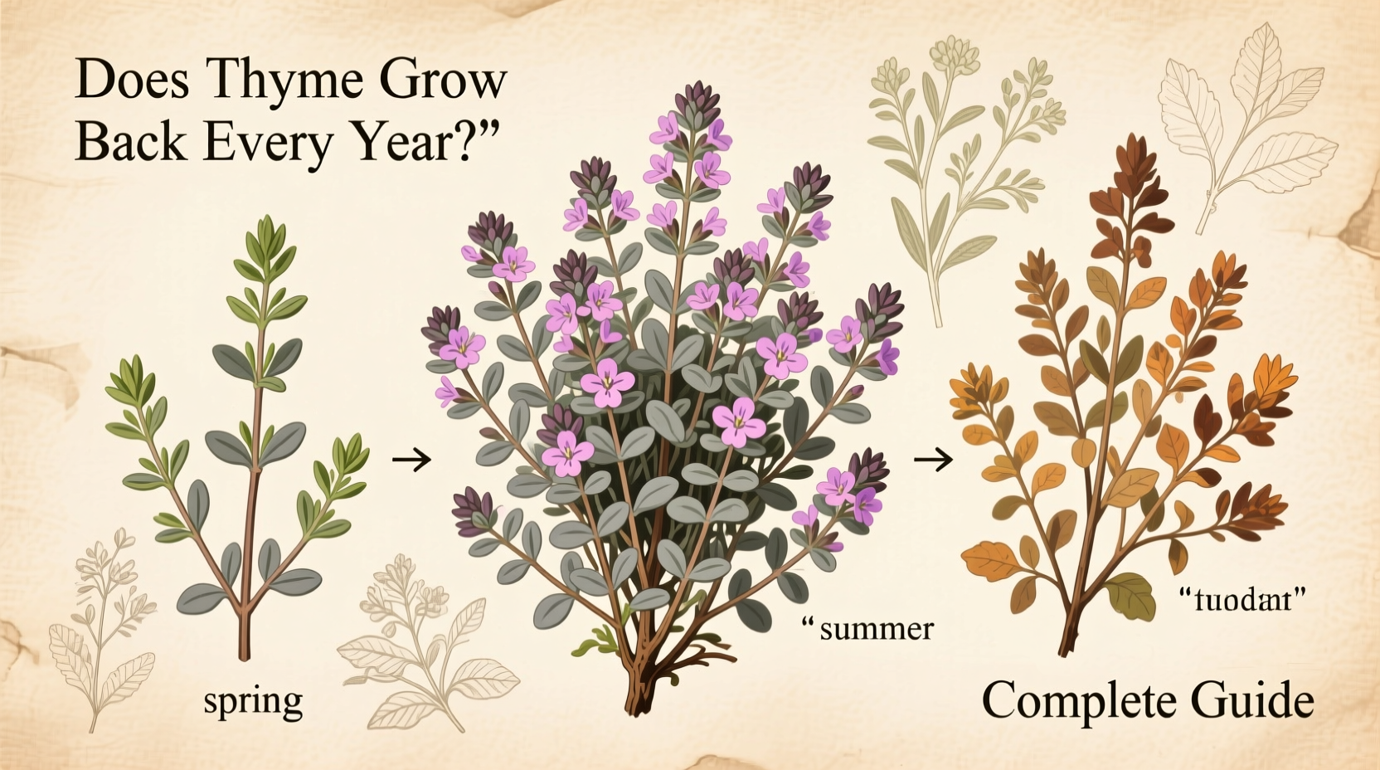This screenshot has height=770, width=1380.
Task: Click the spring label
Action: pyautogui.click(x=253, y=702)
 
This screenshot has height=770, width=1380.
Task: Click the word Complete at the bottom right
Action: pyautogui.click(x=1078, y=700)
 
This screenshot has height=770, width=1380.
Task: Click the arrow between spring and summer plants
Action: pyautogui.click(x=411, y=458)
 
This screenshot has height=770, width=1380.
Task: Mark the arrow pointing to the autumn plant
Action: pyautogui.click(x=933, y=458)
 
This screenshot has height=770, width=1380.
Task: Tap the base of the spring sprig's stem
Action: pyautogui.click(x=244, y=651)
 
